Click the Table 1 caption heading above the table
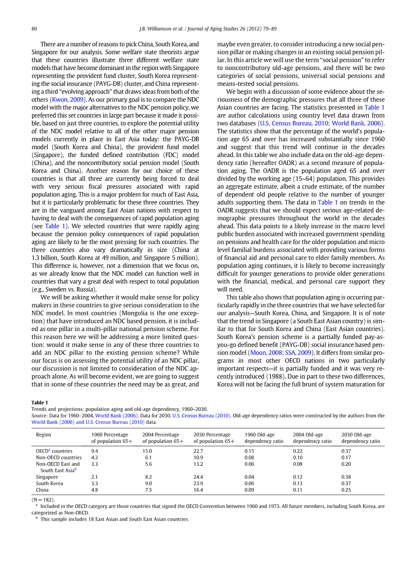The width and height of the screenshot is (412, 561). pyautogui.click(x=40, y=403)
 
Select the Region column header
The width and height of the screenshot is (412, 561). pyautogui.click(x=43, y=435)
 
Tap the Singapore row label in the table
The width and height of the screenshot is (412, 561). pyautogui.click(x=47, y=477)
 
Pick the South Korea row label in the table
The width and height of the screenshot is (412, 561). pyautogui.click(x=50, y=483)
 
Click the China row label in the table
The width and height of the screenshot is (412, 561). pyautogui.click(x=42, y=490)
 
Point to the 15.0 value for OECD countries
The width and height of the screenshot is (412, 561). pyautogui.click(x=147, y=451)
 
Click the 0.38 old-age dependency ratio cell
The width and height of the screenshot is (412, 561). pyautogui.click(x=346, y=477)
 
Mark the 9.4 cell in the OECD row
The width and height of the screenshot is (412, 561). pyautogui.click(x=95, y=451)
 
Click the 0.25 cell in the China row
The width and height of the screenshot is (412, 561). pyautogui.click(x=346, y=490)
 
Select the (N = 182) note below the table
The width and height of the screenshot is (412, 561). pyautogui.click(x=43, y=499)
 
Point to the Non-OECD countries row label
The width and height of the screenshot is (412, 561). pyautogui.click(x=58, y=457)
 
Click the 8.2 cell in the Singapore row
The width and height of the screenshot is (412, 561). pyautogui.click(x=149, y=477)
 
